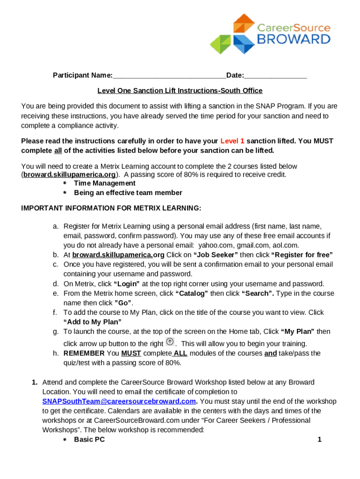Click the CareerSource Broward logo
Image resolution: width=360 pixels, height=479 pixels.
[270, 34]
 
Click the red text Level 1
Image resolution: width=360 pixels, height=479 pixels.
[232, 141]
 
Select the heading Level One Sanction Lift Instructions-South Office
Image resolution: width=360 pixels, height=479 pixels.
[180, 91]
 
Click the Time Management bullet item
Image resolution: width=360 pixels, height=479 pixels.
[105, 183]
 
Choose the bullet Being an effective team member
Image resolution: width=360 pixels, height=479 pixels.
[128, 193]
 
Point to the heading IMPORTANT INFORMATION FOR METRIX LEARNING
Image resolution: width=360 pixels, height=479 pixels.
[111, 208]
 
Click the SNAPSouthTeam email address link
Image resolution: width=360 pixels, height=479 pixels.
[119, 401]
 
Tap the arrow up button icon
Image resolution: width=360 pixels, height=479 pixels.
[170, 342]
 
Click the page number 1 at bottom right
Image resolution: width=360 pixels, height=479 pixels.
[319, 439]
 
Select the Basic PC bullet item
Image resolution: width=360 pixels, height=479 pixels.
[89, 440]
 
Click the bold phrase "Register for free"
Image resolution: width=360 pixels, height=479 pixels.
[302, 255]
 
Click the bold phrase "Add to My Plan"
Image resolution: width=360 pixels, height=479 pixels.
[93, 322]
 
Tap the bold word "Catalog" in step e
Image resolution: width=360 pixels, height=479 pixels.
[192, 293]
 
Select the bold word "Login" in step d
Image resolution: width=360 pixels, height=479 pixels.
[127, 284]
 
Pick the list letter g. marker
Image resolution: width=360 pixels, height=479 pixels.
[56, 332]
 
